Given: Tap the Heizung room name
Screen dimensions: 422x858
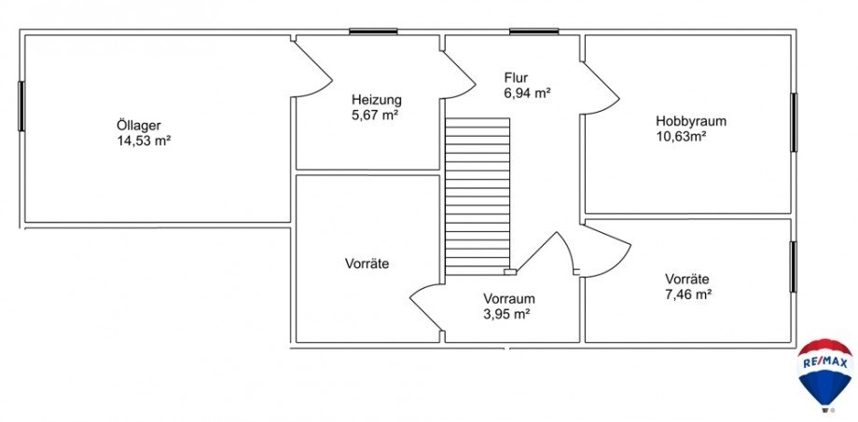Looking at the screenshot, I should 377,100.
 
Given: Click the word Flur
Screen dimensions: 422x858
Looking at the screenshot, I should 516,77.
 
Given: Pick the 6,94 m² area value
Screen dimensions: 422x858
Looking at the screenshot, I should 527,93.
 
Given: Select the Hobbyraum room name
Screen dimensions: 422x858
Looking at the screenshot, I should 690,121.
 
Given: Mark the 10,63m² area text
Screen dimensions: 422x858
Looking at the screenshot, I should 681,137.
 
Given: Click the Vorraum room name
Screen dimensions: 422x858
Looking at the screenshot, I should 508,299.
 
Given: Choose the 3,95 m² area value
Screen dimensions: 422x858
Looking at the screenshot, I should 506,315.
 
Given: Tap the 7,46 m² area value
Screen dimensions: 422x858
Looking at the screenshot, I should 688,294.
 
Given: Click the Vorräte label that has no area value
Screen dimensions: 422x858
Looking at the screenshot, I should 367,264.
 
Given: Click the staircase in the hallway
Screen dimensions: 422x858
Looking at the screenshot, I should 477,196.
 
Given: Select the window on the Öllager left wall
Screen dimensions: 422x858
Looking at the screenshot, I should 21,105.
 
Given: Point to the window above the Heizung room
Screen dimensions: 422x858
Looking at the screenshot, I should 373,33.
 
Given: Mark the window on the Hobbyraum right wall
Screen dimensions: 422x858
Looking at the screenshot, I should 795,122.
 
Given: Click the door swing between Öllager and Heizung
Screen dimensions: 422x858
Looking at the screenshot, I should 312,67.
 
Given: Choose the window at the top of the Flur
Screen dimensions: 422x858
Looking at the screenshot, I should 533,33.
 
